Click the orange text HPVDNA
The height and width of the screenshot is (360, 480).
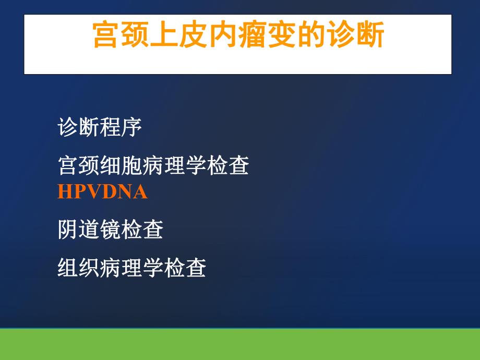pos(102,193)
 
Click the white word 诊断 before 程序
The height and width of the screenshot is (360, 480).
pos(79,128)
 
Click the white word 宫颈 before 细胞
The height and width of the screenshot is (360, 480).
pos(79,166)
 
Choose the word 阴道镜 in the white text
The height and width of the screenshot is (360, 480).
pos(89,230)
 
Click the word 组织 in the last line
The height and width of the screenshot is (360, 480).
pos(79,268)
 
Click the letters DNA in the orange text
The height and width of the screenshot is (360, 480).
pos(125,193)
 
